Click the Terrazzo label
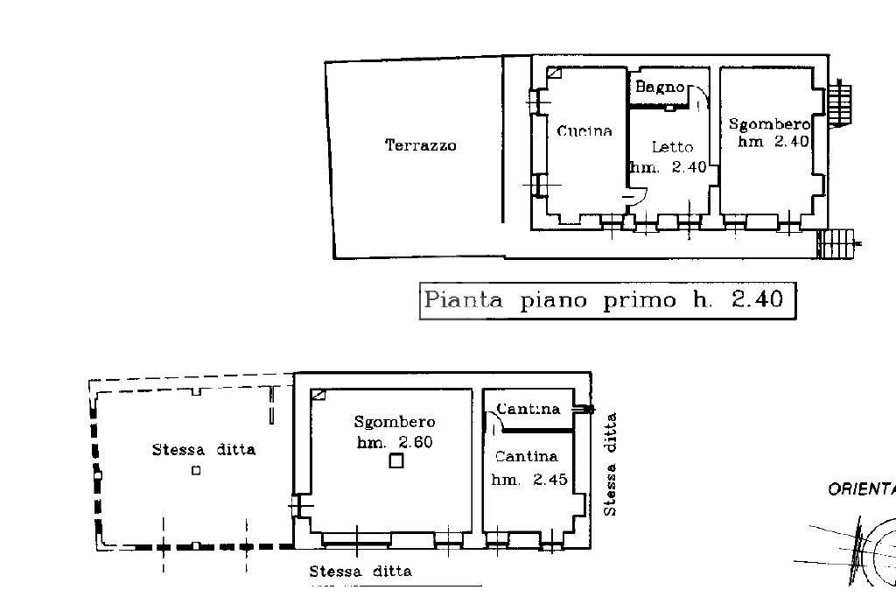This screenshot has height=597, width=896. click(x=421, y=146)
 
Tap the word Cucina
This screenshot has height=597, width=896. click(x=584, y=131)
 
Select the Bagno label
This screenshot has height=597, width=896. click(x=659, y=87)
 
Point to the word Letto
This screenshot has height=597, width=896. click(x=672, y=147)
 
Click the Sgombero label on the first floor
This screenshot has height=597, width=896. click(x=769, y=124)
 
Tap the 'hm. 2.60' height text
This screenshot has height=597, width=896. click(x=394, y=442)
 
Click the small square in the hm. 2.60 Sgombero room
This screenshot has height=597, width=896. click(x=396, y=460)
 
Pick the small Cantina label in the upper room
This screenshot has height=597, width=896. click(x=528, y=409)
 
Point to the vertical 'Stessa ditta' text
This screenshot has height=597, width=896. click(x=612, y=464)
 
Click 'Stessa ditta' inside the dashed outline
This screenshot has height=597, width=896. click(x=204, y=450)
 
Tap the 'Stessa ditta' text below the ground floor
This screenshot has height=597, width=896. click(x=360, y=572)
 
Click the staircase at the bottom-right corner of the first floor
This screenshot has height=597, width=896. click(x=839, y=242)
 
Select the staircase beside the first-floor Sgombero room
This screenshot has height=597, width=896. click(x=840, y=103)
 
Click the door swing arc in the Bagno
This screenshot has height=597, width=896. click(x=701, y=94)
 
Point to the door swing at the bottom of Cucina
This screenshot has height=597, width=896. click(x=635, y=197)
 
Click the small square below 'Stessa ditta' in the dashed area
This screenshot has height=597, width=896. click(x=196, y=470)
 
